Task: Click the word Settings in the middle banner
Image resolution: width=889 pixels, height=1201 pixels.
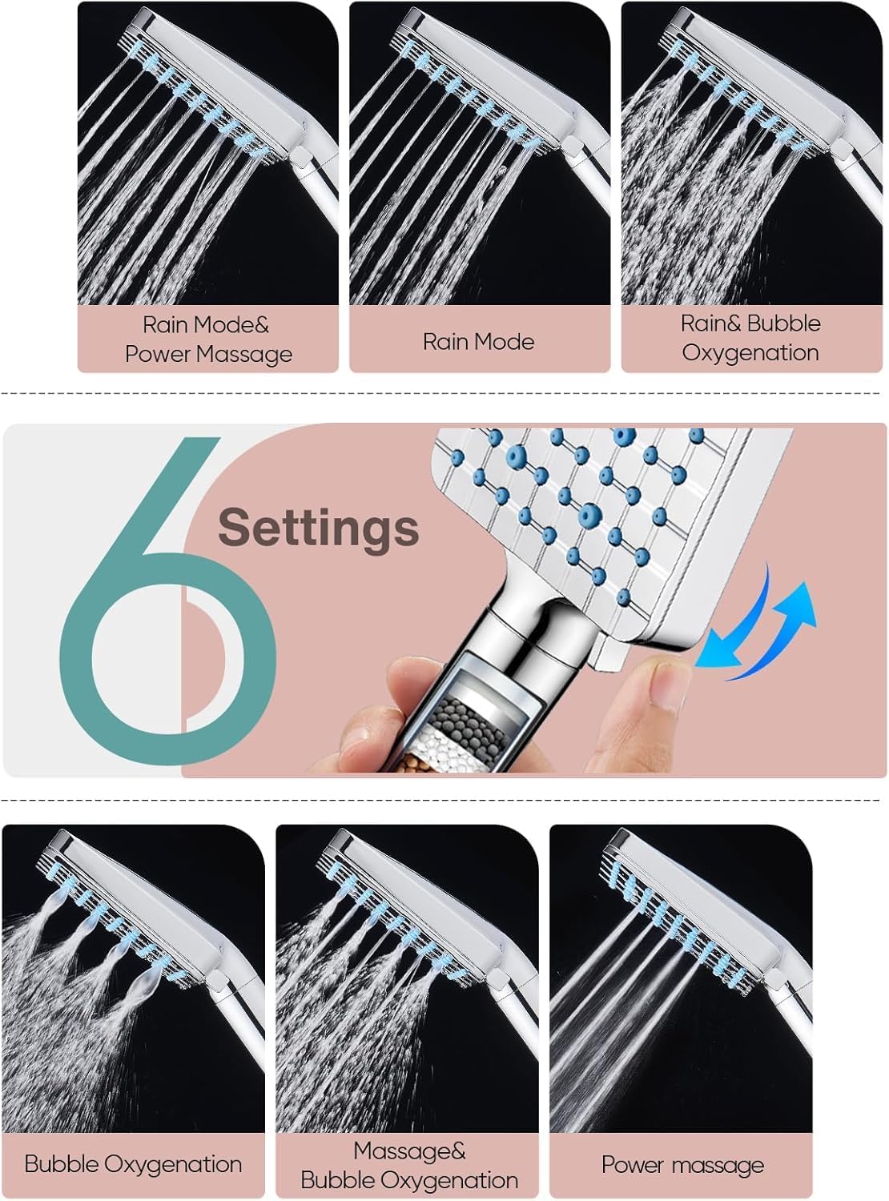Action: click(318, 528)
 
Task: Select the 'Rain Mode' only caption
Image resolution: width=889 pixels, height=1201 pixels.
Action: click(478, 342)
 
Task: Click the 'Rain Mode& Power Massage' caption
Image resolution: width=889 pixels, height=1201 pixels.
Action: click(208, 339)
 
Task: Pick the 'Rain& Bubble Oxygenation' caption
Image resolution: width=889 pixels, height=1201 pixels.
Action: click(750, 338)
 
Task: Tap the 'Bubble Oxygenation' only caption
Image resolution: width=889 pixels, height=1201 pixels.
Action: click(133, 1164)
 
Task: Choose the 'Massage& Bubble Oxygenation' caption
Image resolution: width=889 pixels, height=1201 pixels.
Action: click(409, 1166)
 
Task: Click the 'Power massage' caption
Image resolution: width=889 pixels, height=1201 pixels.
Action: click(682, 1165)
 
